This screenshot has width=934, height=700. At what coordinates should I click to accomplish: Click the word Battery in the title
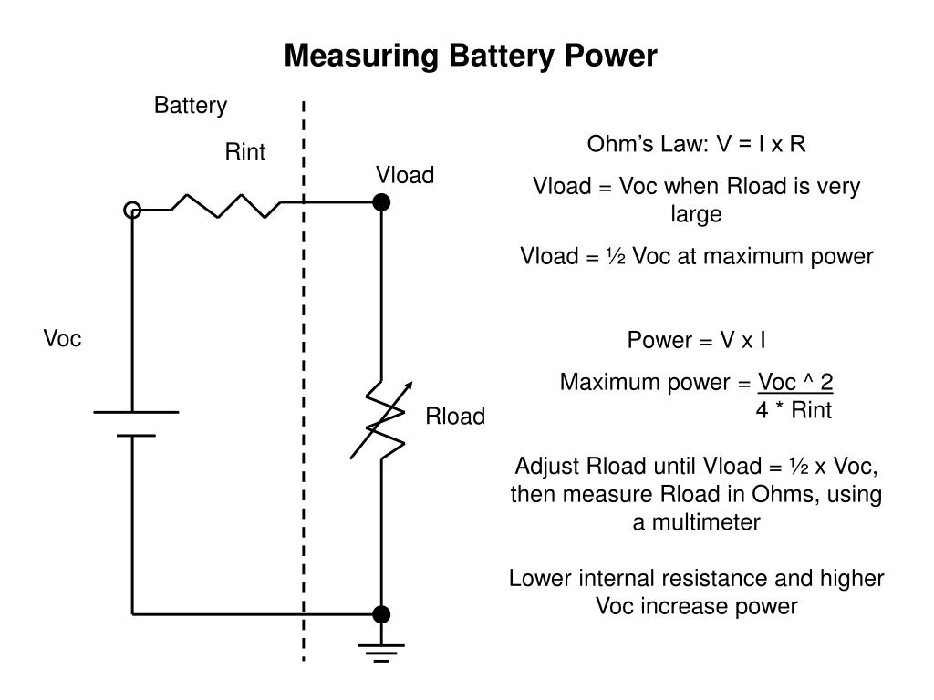(502, 56)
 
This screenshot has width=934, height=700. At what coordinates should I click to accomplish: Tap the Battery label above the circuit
(191, 106)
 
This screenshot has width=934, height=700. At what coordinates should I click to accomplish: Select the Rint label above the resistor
(244, 152)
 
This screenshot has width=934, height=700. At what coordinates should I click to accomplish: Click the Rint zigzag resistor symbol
(226, 206)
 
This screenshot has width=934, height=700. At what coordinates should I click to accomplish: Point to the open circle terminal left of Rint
(132, 211)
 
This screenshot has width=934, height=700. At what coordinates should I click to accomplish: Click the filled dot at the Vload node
(381, 202)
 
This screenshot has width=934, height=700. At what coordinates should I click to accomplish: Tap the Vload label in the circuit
(405, 175)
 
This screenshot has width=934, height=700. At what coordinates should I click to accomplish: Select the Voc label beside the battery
(63, 338)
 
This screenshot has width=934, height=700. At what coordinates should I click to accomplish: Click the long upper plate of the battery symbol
(136, 412)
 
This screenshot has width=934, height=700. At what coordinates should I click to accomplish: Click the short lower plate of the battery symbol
(136, 436)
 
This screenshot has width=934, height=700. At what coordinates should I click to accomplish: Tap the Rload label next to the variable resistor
(455, 416)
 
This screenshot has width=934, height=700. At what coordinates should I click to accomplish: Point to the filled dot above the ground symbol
(381, 614)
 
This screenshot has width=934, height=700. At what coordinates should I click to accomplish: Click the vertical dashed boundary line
(304, 381)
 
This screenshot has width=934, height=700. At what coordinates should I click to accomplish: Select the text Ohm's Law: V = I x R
(696, 144)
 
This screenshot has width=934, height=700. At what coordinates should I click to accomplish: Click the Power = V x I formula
(696, 340)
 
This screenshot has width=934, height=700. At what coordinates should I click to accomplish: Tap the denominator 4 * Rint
(794, 410)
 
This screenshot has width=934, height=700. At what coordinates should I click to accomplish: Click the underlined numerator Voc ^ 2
(795, 382)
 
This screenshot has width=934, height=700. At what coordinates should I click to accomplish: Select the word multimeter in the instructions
(706, 522)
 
